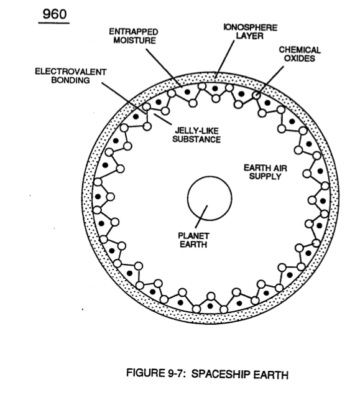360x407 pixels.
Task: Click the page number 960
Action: click(x=55, y=14)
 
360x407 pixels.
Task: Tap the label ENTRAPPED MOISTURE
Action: click(x=134, y=36)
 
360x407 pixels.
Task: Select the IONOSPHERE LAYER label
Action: click(x=250, y=32)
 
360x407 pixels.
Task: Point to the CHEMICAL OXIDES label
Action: click(x=300, y=54)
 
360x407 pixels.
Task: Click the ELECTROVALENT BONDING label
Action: click(x=70, y=76)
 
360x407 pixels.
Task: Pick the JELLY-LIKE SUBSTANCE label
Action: click(x=196, y=135)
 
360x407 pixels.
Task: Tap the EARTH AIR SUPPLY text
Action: click(x=265, y=172)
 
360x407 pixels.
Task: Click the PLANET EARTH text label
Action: click(x=193, y=240)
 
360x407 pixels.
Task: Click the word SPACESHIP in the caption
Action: click(x=221, y=374)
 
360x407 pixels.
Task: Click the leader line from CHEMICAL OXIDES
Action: click(x=270, y=80)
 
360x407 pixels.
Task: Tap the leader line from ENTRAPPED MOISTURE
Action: click(x=163, y=68)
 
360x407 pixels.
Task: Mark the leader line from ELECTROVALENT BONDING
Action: click(x=124, y=98)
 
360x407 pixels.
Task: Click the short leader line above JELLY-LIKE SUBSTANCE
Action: click(x=163, y=119)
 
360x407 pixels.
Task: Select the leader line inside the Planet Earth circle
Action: click(x=201, y=217)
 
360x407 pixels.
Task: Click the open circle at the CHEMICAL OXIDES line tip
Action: click(x=256, y=95)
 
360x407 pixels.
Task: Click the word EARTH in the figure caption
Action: click(x=271, y=375)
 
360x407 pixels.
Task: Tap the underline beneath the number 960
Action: click(x=54, y=23)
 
